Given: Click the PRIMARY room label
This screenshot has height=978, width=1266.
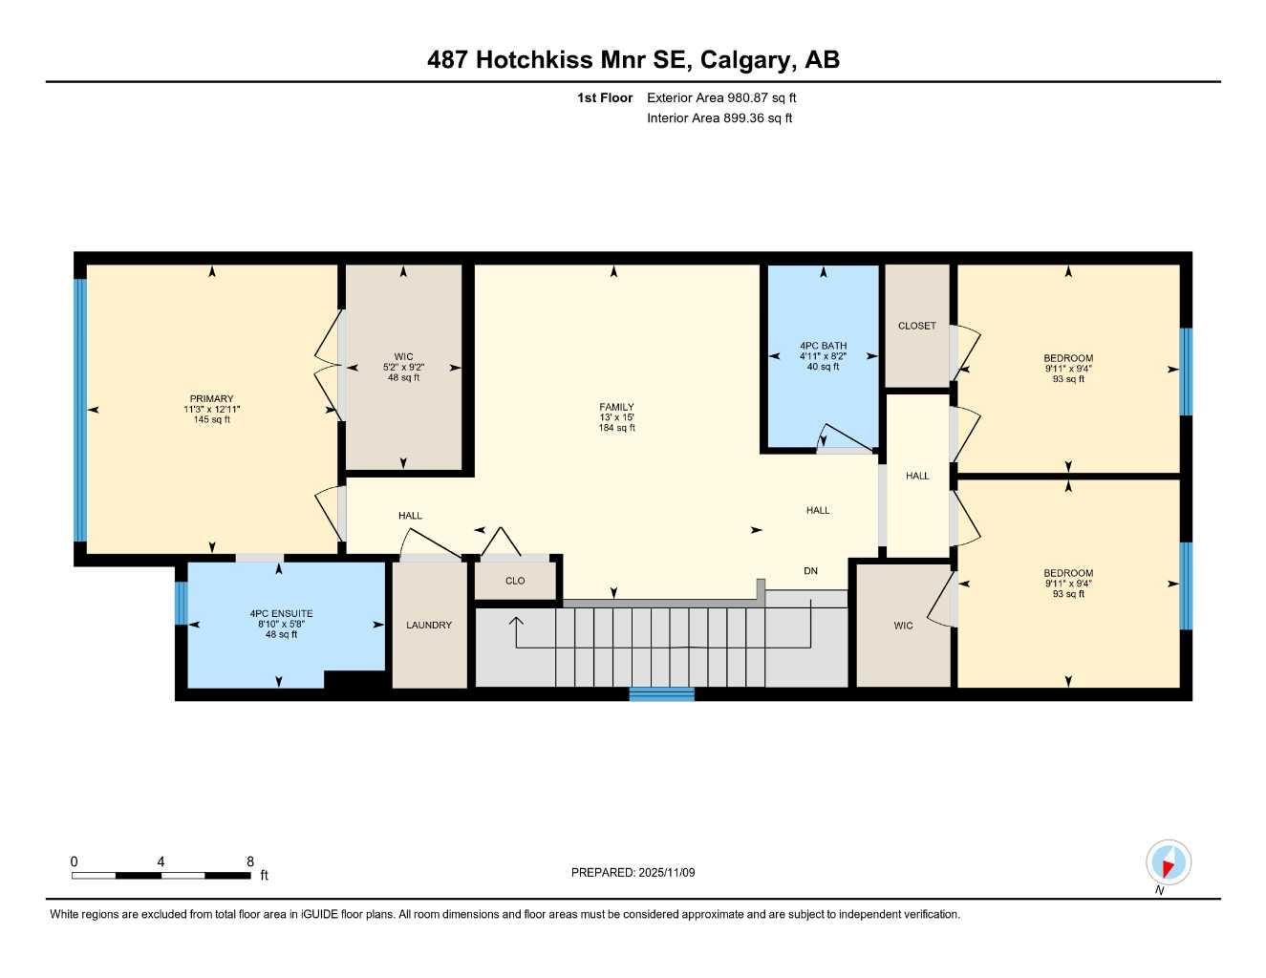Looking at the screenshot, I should pos(211,399).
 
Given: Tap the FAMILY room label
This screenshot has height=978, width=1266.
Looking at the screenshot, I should pos(616,407).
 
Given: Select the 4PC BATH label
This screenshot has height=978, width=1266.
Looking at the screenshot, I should pos(823,346).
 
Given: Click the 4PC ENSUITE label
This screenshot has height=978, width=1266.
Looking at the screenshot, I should pos(281,614).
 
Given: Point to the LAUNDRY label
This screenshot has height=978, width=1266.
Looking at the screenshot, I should pos(429,626).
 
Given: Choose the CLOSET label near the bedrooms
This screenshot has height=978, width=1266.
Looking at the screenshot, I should pos(916,326).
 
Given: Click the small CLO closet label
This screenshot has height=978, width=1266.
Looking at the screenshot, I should pos(515,581).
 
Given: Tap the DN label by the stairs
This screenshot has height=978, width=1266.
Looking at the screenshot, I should pos(810,571).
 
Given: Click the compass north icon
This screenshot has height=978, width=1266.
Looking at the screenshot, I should pos(1168,862).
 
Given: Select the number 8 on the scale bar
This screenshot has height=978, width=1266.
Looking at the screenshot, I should pos(250,861).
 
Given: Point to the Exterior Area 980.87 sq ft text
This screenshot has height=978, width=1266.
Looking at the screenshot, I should pos(721,97).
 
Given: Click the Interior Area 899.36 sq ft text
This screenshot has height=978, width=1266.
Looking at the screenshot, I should pos(719,118).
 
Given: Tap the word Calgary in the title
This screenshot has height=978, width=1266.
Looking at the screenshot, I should pos(746,60).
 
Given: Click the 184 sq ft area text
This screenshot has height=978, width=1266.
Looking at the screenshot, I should pos(616,428).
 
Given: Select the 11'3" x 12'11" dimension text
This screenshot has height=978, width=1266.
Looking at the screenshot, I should pos(211,409).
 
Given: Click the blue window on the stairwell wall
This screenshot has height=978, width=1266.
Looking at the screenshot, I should pos(661,694).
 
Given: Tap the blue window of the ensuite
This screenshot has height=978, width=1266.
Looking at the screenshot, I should pos(181,603).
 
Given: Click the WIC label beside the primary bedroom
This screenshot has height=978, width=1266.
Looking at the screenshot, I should pos(403,357).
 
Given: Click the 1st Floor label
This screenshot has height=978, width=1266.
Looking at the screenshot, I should pos(605,97).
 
